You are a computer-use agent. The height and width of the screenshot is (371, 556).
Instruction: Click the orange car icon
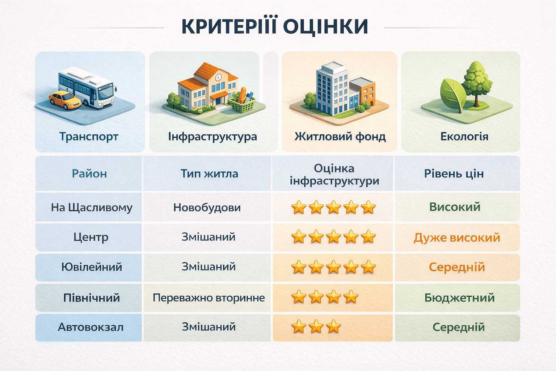(x=65, y=100)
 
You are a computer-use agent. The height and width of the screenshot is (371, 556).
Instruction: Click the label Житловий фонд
(x=340, y=137)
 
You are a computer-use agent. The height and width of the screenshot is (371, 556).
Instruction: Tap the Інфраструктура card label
(x=212, y=137)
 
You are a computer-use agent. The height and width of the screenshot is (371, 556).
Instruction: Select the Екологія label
(x=464, y=137)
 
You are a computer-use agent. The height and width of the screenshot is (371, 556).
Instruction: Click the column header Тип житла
(x=209, y=174)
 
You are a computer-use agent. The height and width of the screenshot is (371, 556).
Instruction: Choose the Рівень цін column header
(x=454, y=174)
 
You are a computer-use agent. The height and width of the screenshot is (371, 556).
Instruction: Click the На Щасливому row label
(x=92, y=208)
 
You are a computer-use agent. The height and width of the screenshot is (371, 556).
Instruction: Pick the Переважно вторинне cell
(x=209, y=298)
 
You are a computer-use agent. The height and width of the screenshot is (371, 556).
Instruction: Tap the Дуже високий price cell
(x=457, y=238)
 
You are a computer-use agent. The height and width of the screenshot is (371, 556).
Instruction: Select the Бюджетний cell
(x=459, y=298)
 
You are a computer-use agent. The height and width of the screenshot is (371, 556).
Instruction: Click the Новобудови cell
(x=207, y=208)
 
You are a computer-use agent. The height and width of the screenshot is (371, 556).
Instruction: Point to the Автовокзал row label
(x=90, y=327)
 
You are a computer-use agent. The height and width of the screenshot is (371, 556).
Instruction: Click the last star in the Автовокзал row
(x=333, y=326)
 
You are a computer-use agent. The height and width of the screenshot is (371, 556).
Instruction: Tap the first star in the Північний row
(x=299, y=297)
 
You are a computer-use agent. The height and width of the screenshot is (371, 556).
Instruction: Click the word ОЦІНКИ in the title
(x=326, y=26)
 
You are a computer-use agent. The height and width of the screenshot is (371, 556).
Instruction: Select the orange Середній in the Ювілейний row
(x=457, y=267)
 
